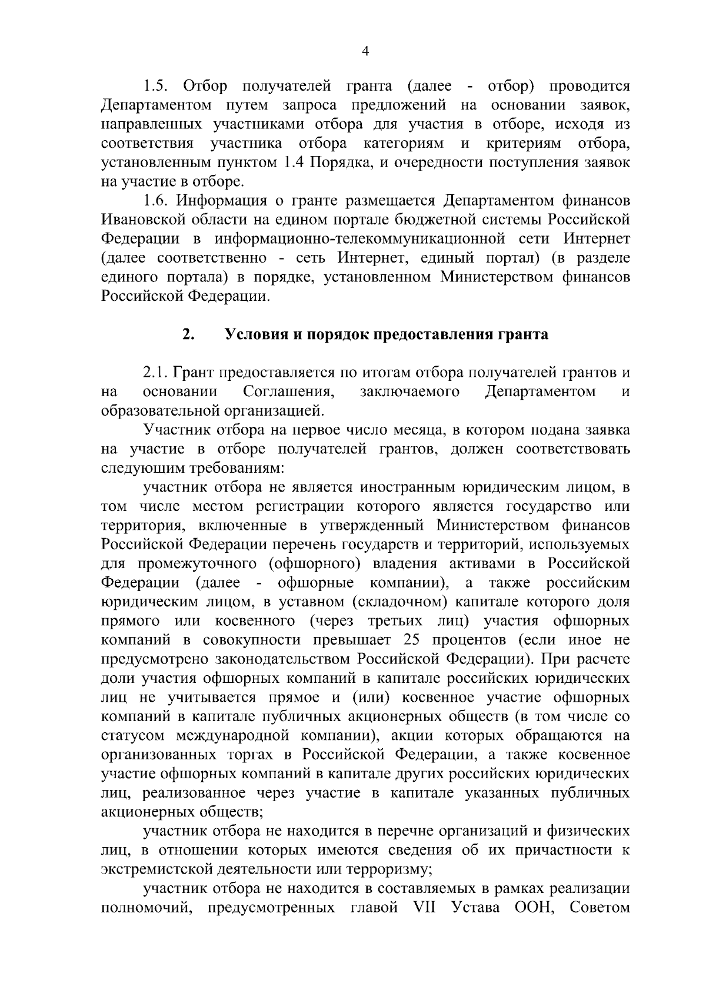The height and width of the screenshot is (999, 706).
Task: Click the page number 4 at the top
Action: coord(365,52)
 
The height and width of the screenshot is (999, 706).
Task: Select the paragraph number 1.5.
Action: coord(156,87)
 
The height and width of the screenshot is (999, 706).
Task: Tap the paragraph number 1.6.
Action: coord(156,201)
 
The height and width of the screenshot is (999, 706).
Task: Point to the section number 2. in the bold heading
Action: coord(188,335)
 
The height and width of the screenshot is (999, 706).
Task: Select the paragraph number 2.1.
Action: coord(156,373)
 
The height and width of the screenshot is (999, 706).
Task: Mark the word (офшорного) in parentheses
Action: coord(313,564)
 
